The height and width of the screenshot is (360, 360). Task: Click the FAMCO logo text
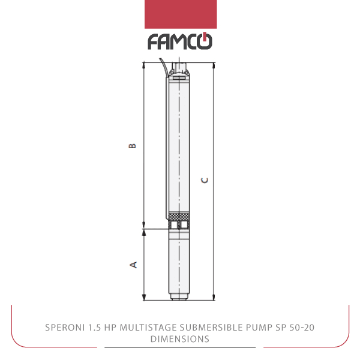[x=180, y=41]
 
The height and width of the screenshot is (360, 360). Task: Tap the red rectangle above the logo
[x=181, y=14]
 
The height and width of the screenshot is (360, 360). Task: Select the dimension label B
[x=132, y=146]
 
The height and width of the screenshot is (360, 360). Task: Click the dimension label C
[x=205, y=180]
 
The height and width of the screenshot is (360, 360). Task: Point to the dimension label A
[x=133, y=265]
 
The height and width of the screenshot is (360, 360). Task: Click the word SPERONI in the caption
[x=65, y=328]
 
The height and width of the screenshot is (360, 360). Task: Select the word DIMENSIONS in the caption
[x=180, y=339]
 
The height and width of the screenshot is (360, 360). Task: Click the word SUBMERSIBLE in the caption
[x=211, y=328]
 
